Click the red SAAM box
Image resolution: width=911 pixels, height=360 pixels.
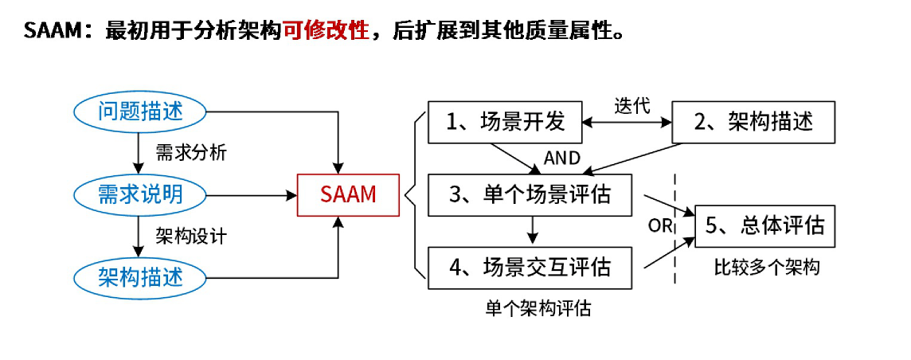pyautogui.click(x=348, y=194)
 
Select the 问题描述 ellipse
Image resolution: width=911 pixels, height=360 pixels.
pyautogui.click(x=140, y=112)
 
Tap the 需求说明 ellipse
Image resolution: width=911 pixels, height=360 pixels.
pyautogui.click(x=140, y=194)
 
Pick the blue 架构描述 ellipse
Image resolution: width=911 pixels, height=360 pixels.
pyautogui.click(x=140, y=276)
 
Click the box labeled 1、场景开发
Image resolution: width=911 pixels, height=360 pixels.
pyautogui.click(x=505, y=122)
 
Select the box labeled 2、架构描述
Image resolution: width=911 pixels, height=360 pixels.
pyautogui.click(x=753, y=122)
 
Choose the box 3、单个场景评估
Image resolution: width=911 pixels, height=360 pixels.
pyautogui.click(x=530, y=194)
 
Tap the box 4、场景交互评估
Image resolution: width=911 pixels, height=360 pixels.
pyautogui.click(x=530, y=268)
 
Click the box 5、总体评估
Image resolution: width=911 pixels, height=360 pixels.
pyautogui.click(x=764, y=225)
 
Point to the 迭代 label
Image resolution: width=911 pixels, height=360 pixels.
pyautogui.click(x=633, y=105)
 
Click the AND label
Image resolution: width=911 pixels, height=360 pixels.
pyautogui.click(x=561, y=158)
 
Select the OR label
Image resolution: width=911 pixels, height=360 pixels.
pyautogui.click(x=660, y=225)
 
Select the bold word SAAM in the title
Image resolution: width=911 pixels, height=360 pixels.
pyautogui.click(x=52, y=30)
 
